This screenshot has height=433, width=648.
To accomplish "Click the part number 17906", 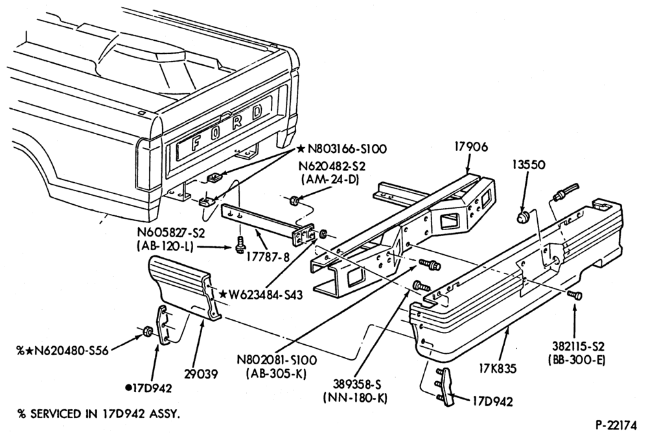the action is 471,146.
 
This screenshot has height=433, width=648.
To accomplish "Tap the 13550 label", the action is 529,165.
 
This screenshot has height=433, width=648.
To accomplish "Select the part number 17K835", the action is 498,368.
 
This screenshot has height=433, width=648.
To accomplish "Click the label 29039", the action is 202,374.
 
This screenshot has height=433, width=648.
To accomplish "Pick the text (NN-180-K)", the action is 354,399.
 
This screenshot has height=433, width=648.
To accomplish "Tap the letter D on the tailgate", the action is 257,112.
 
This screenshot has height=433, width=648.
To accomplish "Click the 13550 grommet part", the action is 524,216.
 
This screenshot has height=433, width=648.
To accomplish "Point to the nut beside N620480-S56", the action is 146,331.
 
